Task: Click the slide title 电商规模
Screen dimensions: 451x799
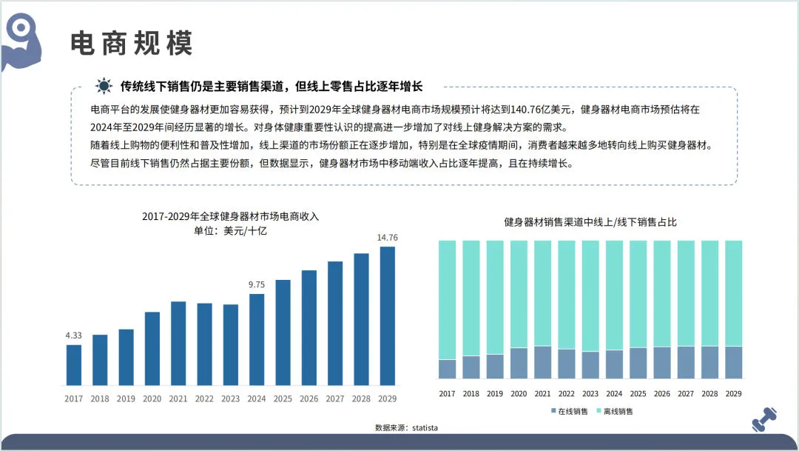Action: pyautogui.click(x=132, y=44)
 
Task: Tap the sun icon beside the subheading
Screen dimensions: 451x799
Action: pyautogui.click(x=103, y=85)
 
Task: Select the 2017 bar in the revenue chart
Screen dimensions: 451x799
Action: pyautogui.click(x=74, y=365)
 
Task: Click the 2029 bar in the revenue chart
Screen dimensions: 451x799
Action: pyautogui.click(x=387, y=316)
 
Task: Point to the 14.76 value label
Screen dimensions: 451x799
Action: pyautogui.click(x=388, y=238)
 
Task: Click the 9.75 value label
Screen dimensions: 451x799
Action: pyautogui.click(x=257, y=284)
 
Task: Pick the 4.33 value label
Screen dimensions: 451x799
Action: pyautogui.click(x=73, y=335)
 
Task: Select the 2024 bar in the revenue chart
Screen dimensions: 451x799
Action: pyautogui.click(x=257, y=340)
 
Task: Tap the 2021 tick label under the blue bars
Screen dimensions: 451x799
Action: pyautogui.click(x=178, y=399)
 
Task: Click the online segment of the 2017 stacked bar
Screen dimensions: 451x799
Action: pyautogui.click(x=447, y=369)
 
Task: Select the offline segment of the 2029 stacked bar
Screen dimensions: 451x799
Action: pyautogui.click(x=733, y=293)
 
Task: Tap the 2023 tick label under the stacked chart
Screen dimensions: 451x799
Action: pyautogui.click(x=590, y=394)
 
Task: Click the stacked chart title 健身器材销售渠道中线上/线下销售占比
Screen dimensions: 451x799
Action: pyautogui.click(x=590, y=222)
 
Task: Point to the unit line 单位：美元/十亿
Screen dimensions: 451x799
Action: pyautogui.click(x=230, y=231)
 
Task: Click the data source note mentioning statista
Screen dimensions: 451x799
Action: pyautogui.click(x=400, y=428)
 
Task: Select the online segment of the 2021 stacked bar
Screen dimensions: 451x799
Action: pyautogui.click(x=542, y=362)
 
